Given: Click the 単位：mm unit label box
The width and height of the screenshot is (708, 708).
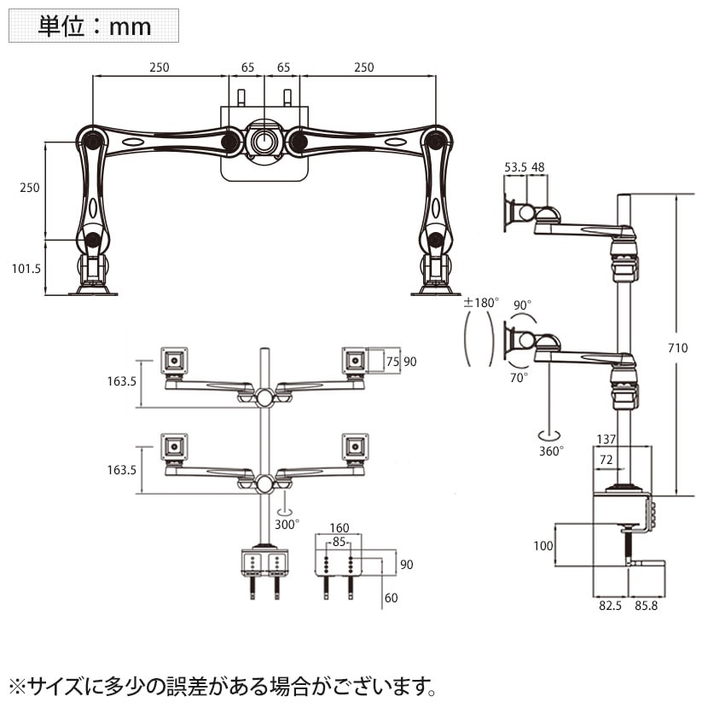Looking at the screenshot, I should tap(94, 26).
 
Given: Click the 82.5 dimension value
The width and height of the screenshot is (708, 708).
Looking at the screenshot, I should tap(610, 606).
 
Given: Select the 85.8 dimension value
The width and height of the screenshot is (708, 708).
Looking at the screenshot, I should tap(646, 606).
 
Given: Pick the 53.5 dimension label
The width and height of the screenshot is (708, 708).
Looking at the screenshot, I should tap(515, 168).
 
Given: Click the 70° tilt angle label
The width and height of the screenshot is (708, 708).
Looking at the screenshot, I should tap(520, 375).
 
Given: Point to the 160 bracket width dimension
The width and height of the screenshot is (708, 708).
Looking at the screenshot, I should tap(339, 526).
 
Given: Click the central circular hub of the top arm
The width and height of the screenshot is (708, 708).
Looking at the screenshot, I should tap(264, 141).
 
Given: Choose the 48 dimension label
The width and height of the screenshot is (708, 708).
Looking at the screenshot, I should tap(539, 168).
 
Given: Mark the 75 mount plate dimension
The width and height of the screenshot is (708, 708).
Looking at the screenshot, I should tap(392, 361).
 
